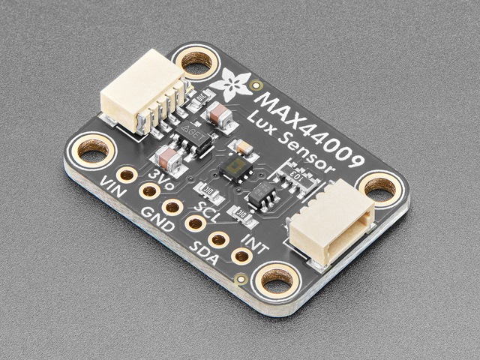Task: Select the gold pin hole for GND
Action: coord(172,207)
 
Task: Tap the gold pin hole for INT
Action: coord(241,256)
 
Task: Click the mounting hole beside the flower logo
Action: coord(197,67)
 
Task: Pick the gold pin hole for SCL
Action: coord(196,223)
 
